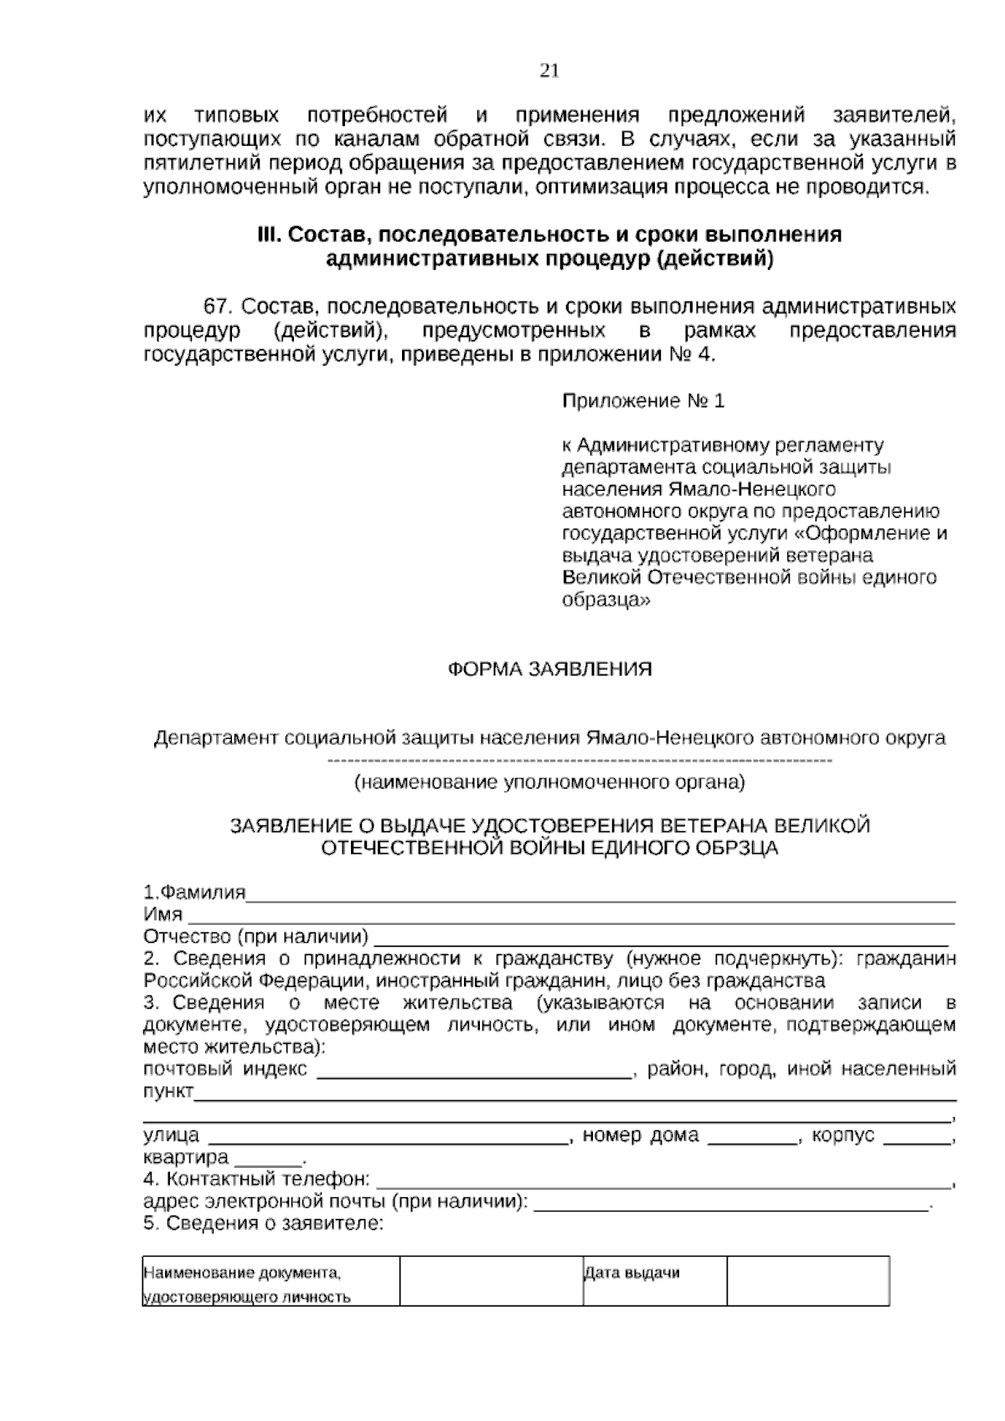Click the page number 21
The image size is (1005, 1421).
click(549, 71)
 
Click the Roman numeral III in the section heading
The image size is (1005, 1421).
click(267, 235)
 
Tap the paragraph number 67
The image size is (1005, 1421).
click(218, 306)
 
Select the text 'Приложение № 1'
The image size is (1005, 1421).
click(642, 401)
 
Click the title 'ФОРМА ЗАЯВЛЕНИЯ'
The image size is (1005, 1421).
click(549, 669)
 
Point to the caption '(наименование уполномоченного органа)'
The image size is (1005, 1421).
click(549, 783)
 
